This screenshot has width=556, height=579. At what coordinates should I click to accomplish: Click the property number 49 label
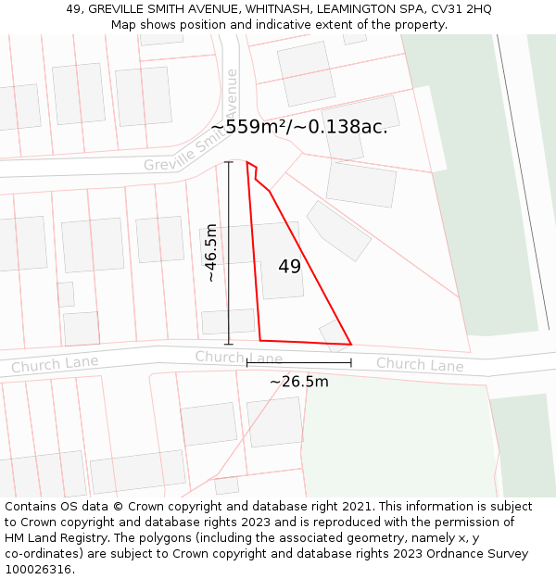pyautogui.click(x=289, y=267)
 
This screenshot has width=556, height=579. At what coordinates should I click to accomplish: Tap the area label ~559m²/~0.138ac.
pyautogui.click(x=299, y=127)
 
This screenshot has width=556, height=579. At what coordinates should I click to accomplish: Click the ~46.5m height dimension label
pyautogui.click(x=212, y=252)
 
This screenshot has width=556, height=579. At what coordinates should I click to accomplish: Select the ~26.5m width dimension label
pyautogui.click(x=298, y=382)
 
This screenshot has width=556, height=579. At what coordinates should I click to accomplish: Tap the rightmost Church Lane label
pyautogui.click(x=419, y=365)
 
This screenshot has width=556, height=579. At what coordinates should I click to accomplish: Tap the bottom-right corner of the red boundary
pyautogui.click(x=351, y=345)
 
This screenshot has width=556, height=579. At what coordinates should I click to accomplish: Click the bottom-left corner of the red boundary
pyautogui.click(x=260, y=340)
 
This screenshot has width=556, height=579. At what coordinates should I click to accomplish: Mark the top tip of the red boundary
pyautogui.click(x=247, y=162)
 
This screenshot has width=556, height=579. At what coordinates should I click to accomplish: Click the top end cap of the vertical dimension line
pyautogui.click(x=229, y=163)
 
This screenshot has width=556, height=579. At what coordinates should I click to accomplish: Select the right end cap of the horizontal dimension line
pyautogui.click(x=351, y=362)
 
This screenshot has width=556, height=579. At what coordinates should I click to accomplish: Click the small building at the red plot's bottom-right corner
pyautogui.click(x=332, y=332)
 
